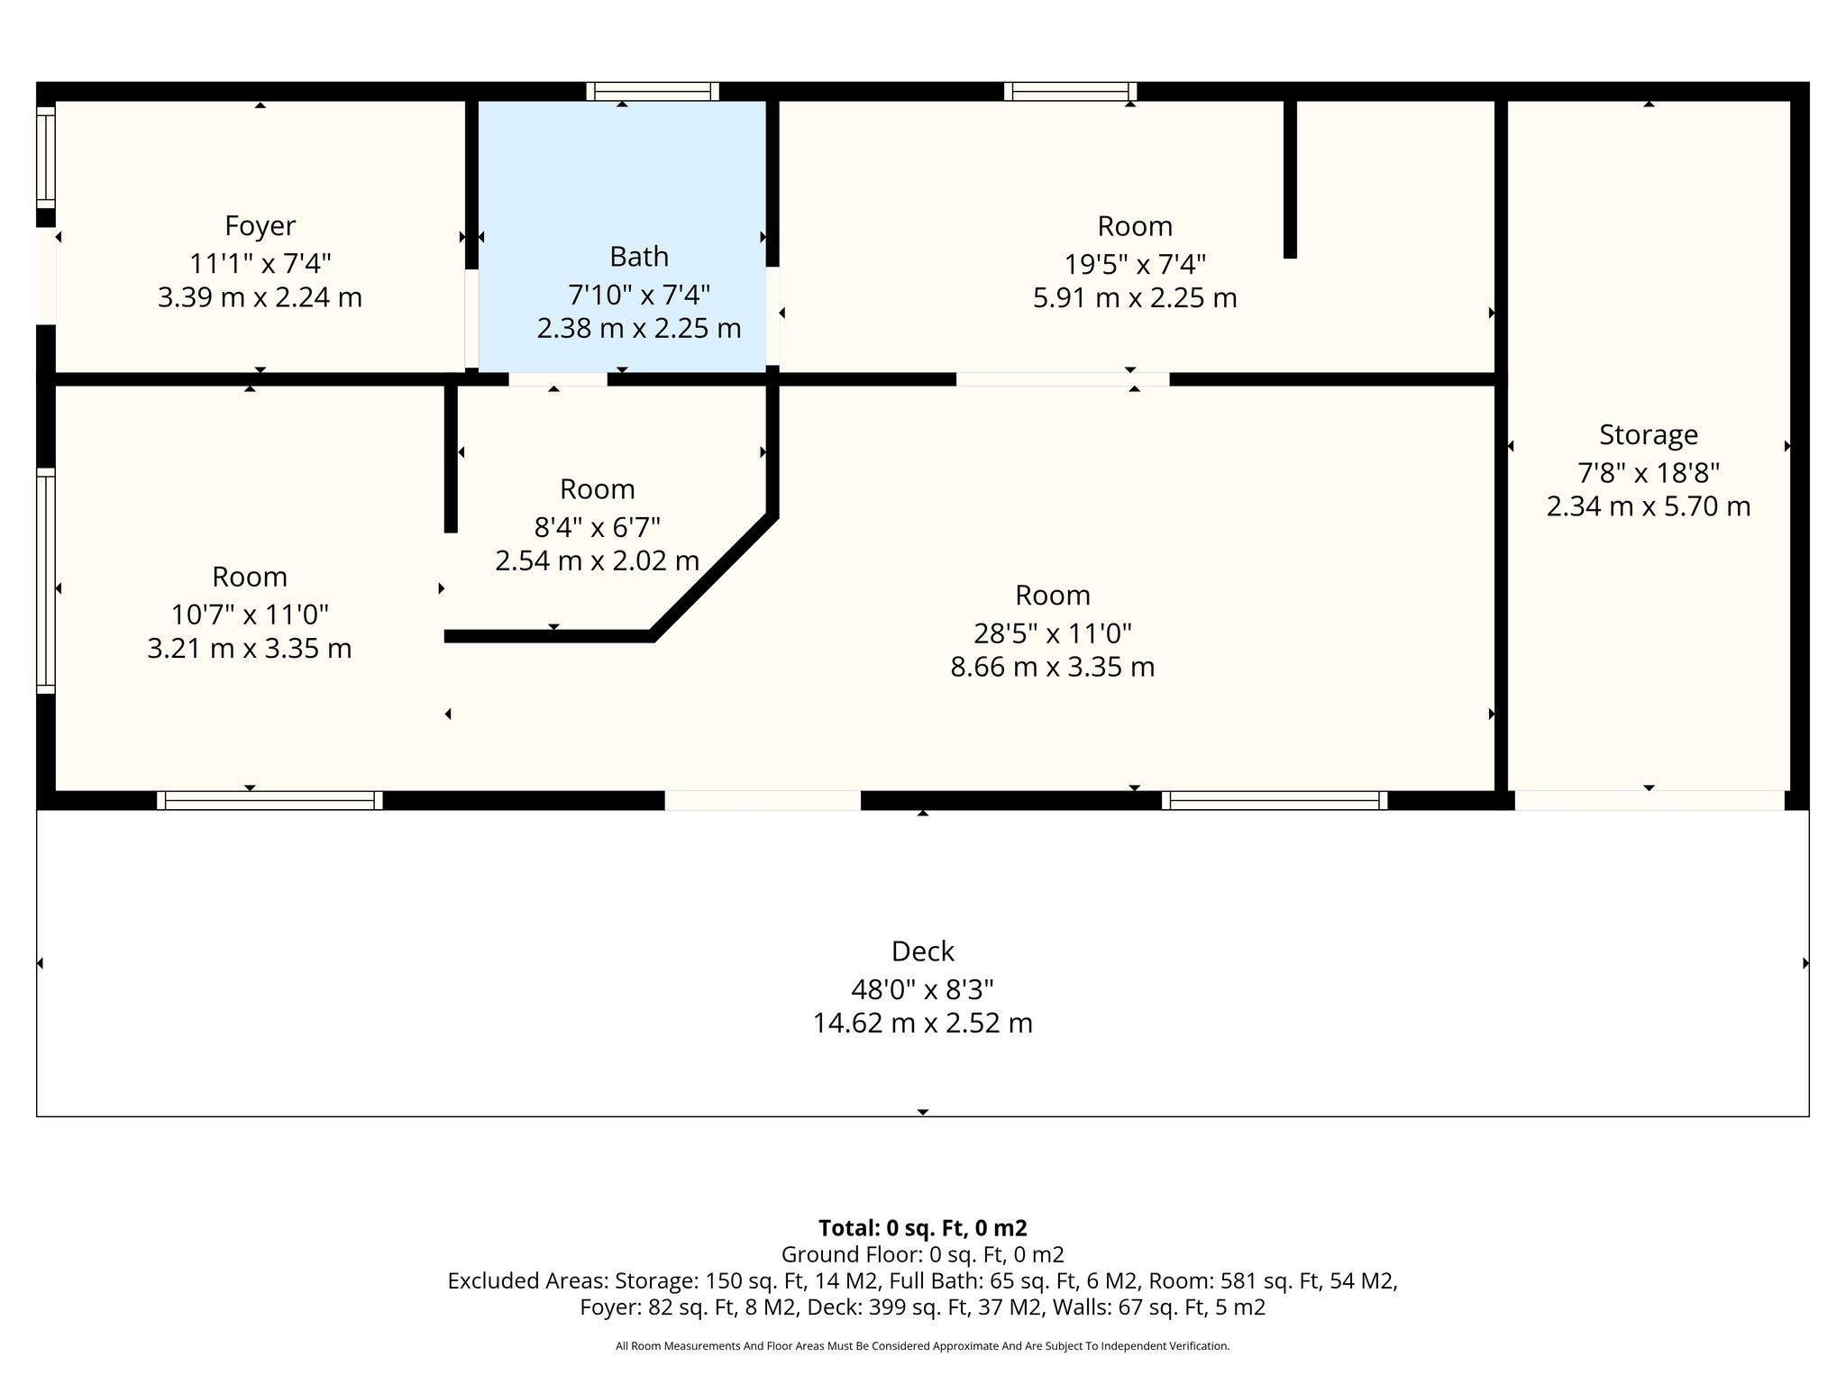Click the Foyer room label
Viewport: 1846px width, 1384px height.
(x=260, y=225)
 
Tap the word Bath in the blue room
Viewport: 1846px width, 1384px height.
(x=639, y=257)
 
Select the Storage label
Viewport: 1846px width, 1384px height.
(x=1649, y=435)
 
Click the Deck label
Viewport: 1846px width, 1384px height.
(x=923, y=951)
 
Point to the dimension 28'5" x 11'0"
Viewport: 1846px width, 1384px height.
(x=1052, y=633)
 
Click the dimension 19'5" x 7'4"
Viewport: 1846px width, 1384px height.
(x=1135, y=264)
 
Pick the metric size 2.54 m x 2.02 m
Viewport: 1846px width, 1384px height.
(x=597, y=561)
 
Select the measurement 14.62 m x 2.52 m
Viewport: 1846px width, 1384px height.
(x=923, y=1024)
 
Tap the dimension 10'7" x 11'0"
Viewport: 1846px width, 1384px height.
(x=250, y=615)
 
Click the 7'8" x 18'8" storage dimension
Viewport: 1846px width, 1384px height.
(x=1649, y=472)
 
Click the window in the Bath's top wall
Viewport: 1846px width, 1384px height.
(x=653, y=91)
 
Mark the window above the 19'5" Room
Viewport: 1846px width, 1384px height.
(x=1071, y=91)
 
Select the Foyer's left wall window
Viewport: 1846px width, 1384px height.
(x=46, y=158)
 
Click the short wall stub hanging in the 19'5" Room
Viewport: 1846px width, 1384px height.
(x=1290, y=179)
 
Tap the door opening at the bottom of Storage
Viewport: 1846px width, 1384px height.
(x=1650, y=800)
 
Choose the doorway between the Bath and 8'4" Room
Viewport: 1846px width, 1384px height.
(x=558, y=379)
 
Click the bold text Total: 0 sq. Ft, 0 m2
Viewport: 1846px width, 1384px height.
(x=923, y=1228)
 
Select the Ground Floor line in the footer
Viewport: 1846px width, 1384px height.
(x=923, y=1254)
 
